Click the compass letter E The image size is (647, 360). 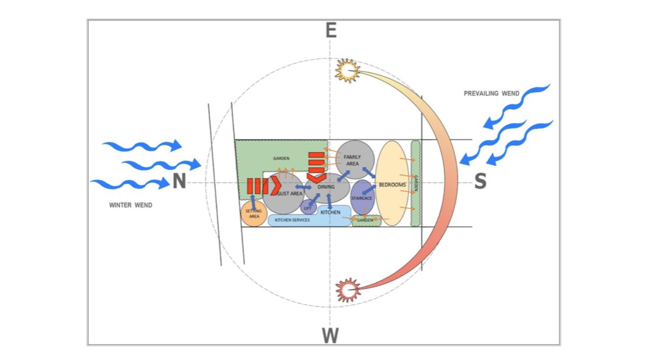click(331, 30)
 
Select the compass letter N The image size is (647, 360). click(179, 182)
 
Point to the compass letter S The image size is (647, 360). click(480, 182)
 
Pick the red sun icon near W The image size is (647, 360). click(348, 289)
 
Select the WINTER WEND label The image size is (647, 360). click(131, 205)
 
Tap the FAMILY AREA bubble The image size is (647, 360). click(354, 159)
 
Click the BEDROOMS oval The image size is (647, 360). click(391, 184)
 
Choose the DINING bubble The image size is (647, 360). click(327, 187)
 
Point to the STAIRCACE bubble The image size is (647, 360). click(362, 198)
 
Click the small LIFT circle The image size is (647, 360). click(307, 207)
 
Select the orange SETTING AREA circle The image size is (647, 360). click(254, 214)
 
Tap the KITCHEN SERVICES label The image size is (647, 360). click(292, 220)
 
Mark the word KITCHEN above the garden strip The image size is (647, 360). click(330, 212)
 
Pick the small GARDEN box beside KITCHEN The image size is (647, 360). click(366, 221)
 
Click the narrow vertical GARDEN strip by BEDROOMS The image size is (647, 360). click(415, 183)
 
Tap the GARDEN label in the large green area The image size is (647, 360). click(282, 158)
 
